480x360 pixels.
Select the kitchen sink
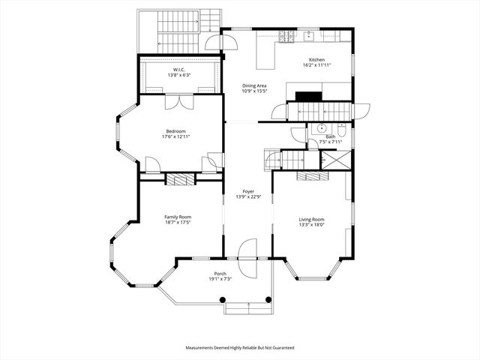tap(309, 34)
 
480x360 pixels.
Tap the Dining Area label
tap(253, 85)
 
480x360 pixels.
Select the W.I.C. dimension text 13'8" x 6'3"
tap(178, 75)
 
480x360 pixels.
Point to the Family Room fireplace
tap(180, 179)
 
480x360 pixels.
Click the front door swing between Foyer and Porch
tap(247, 249)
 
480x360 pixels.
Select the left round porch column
tap(223, 300)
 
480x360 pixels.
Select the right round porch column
tap(268, 300)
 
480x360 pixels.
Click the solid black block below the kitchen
tap(307, 95)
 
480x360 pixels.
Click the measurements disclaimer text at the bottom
tap(240, 348)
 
